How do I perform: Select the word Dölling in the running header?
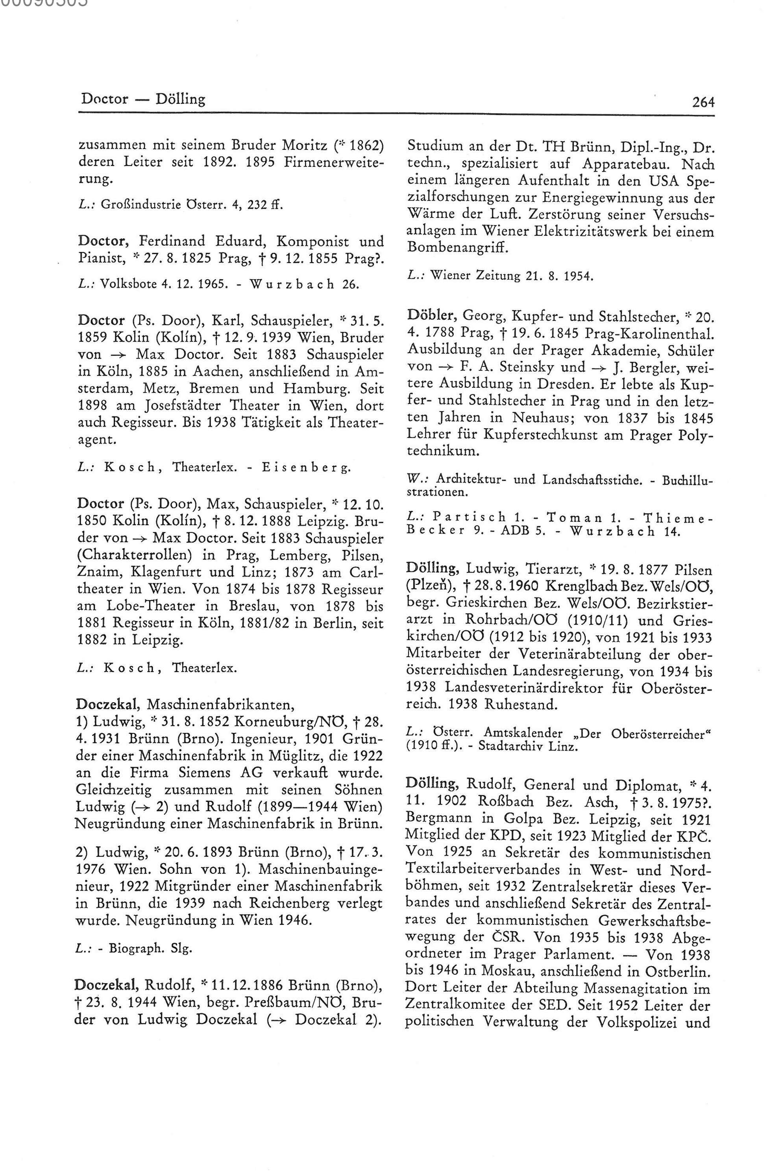coord(180,99)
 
